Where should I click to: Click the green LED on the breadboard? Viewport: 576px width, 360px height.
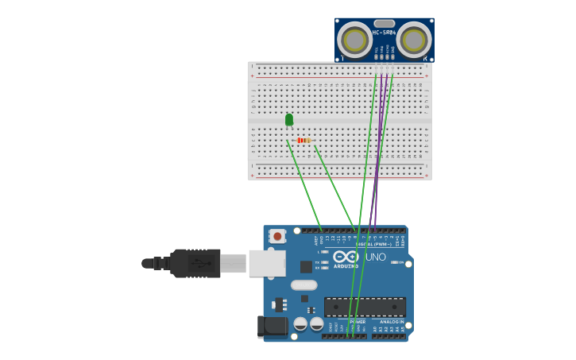pyautogui.click(x=289, y=120)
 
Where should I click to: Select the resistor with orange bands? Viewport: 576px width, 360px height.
pyautogui.click(x=303, y=141)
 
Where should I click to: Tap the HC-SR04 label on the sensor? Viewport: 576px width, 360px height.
pyautogui.click(x=385, y=33)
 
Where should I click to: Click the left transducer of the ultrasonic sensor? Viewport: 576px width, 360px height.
pyautogui.click(x=354, y=39)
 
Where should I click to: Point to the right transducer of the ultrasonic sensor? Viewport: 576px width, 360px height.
pyautogui.click(x=414, y=39)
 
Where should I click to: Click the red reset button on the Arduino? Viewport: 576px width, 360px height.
pyautogui.click(x=277, y=236)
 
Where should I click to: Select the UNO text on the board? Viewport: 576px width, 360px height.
pyautogui.click(x=375, y=257)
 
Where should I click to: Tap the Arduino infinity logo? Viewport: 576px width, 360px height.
pyautogui.click(x=346, y=256)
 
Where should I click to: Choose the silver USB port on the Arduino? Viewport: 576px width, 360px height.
pyautogui.click(x=266, y=263)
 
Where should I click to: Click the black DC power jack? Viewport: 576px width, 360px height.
pyautogui.click(x=272, y=327)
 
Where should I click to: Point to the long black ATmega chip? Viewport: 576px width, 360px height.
pyautogui.click(x=365, y=307)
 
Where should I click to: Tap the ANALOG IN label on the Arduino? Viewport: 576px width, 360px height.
pyautogui.click(x=391, y=322)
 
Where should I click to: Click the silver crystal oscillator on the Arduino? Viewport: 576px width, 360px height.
pyautogui.click(x=303, y=285)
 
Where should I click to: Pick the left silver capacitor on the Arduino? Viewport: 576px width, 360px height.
pyautogui.click(x=300, y=323)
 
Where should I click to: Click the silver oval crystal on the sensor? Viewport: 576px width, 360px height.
pyautogui.click(x=385, y=24)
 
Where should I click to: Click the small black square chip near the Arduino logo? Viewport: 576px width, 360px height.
pyautogui.click(x=306, y=267)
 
